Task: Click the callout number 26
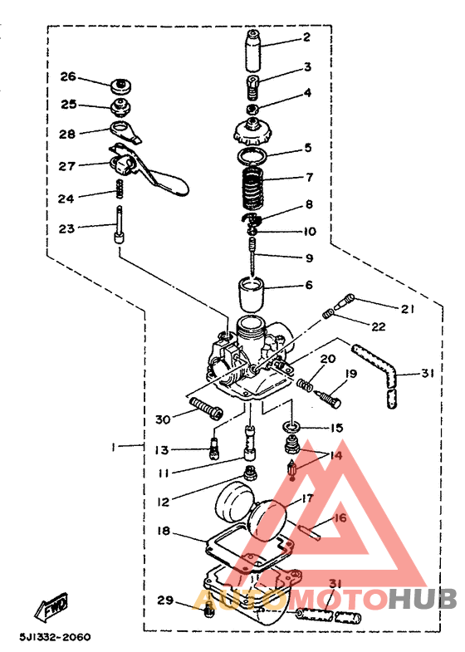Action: coord(69,76)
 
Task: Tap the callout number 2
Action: coord(306,37)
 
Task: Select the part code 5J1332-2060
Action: coord(55,637)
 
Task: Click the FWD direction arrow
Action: coord(51,604)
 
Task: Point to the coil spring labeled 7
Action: coord(253,186)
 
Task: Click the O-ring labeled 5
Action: coord(252,157)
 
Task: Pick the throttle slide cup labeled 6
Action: coord(252,294)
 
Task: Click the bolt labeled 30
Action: coord(207,408)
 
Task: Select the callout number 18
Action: coord(164,531)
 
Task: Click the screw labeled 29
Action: coord(209,610)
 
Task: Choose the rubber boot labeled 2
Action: coord(254,50)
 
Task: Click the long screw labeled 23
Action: coord(120,223)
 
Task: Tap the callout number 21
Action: coord(407,309)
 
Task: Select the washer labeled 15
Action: coord(291,427)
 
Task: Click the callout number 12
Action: coord(164,502)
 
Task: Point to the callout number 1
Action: coord(112,447)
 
